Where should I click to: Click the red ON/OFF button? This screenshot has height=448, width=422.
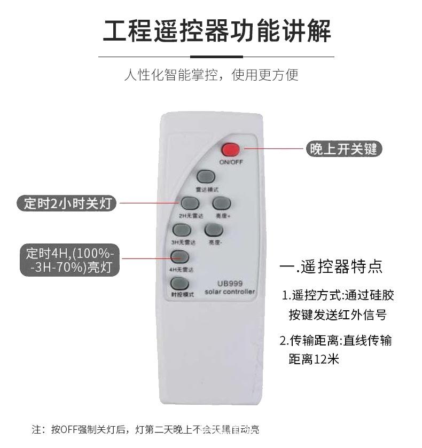tap(231, 150)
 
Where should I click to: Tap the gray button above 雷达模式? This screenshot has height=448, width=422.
tap(206, 177)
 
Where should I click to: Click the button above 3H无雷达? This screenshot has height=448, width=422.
tap(182, 230)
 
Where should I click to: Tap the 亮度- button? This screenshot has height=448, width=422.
tap(214, 230)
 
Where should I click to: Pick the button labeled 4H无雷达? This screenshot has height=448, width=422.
tap(180, 257)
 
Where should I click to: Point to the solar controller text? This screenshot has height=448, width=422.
tap(230, 292)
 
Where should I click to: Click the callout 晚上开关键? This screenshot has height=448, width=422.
tap(343, 149)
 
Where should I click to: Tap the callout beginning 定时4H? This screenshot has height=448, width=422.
tap(70, 260)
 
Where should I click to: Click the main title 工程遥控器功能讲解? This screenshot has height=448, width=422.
tap(216, 30)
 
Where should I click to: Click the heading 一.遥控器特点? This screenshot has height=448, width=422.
tap(331, 266)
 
